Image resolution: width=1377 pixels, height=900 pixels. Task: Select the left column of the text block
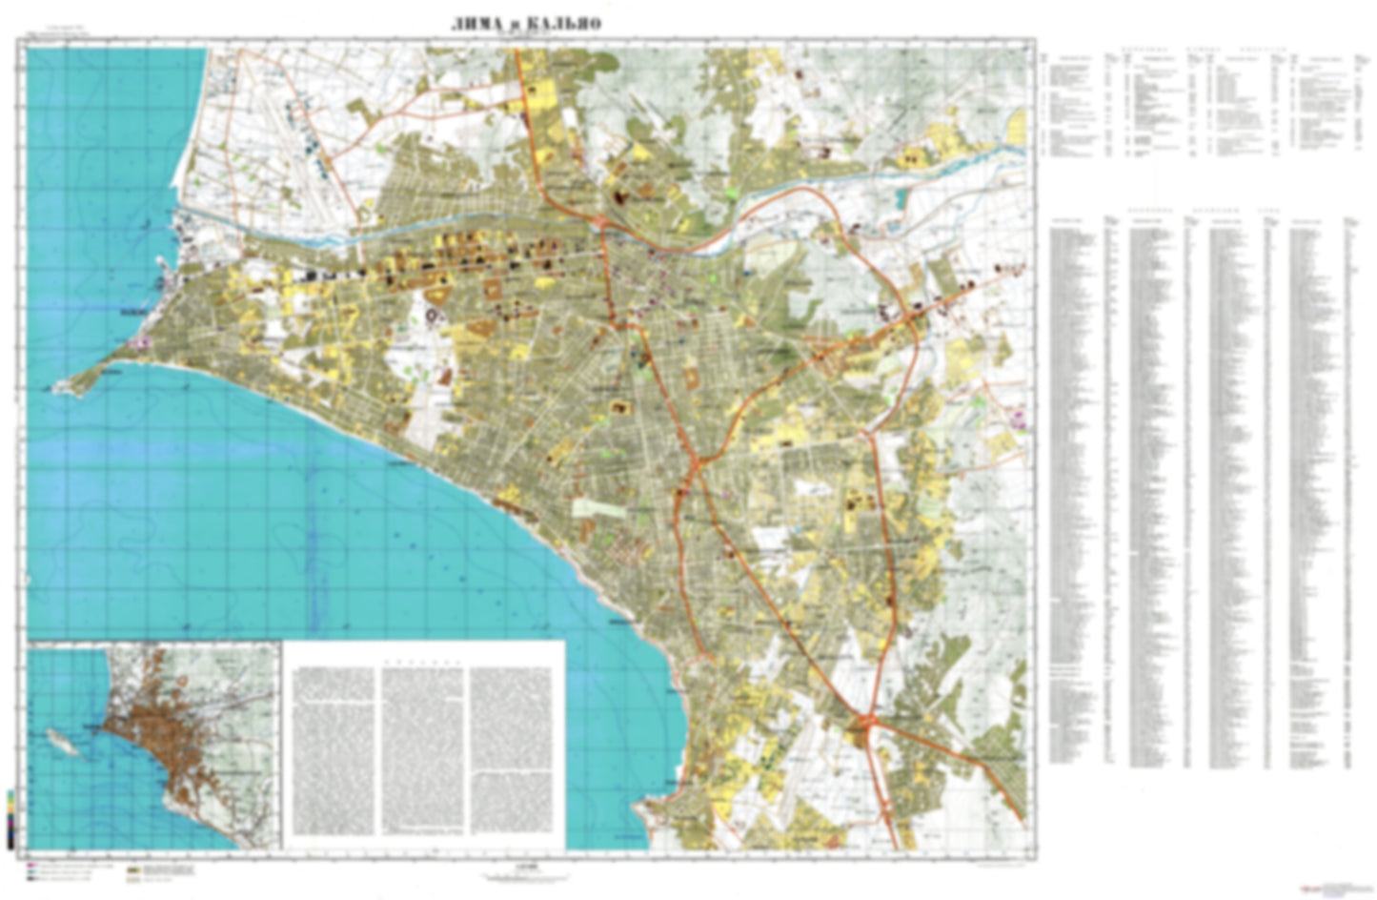click(334, 748)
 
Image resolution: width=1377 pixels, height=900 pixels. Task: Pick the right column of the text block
click(512, 748)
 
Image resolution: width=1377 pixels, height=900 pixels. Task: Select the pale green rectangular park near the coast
click(597, 507)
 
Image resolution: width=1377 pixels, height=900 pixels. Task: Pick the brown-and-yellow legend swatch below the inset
click(133, 869)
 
